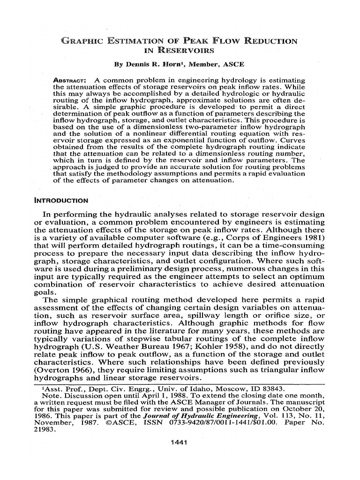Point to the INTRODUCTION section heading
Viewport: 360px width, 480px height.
[61, 201]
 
